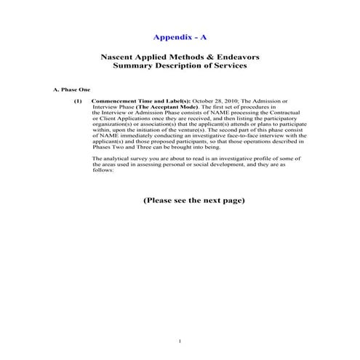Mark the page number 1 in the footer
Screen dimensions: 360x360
[180, 340]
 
